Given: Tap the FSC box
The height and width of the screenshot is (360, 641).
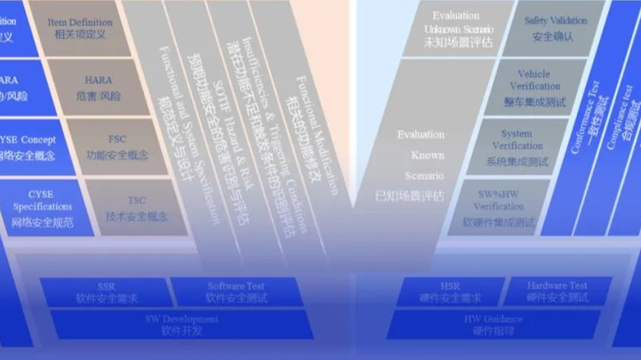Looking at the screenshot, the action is coord(117,146).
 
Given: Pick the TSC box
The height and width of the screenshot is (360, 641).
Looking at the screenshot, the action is coord(136,208).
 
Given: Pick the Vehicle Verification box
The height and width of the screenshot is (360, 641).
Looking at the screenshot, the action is coord(534,88).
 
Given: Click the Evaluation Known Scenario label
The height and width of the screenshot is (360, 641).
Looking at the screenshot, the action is coord(420,164).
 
